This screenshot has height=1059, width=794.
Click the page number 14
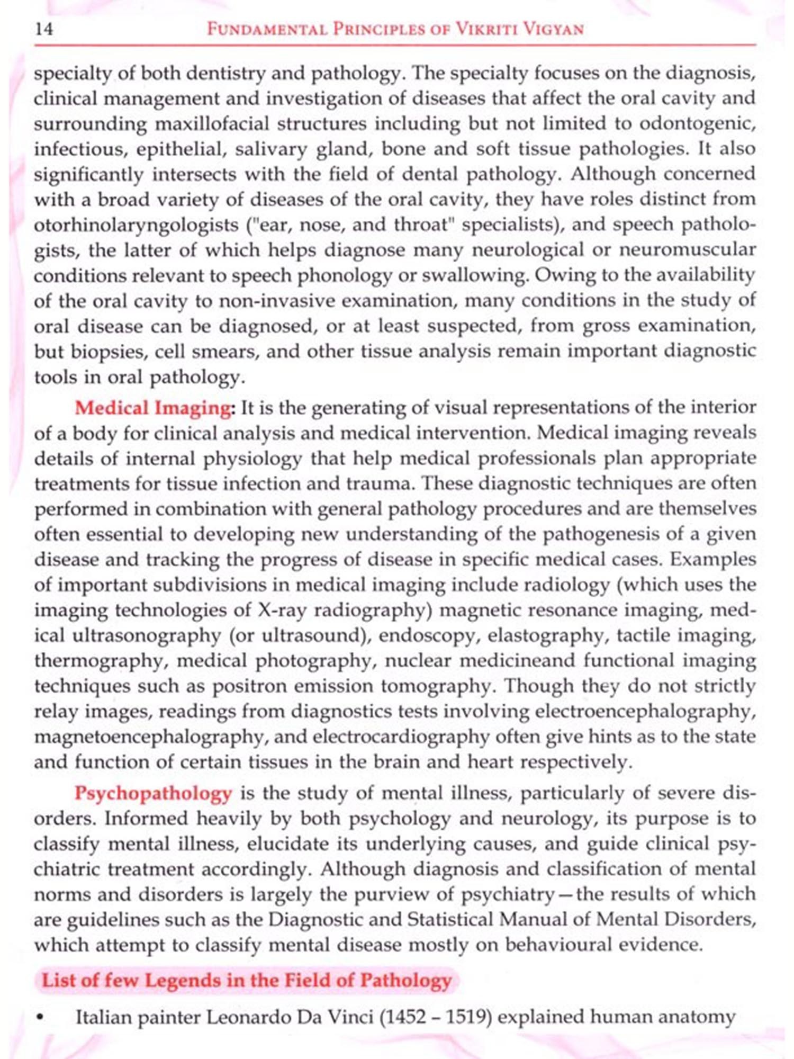coord(44,29)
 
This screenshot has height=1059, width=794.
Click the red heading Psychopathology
coord(153,794)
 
